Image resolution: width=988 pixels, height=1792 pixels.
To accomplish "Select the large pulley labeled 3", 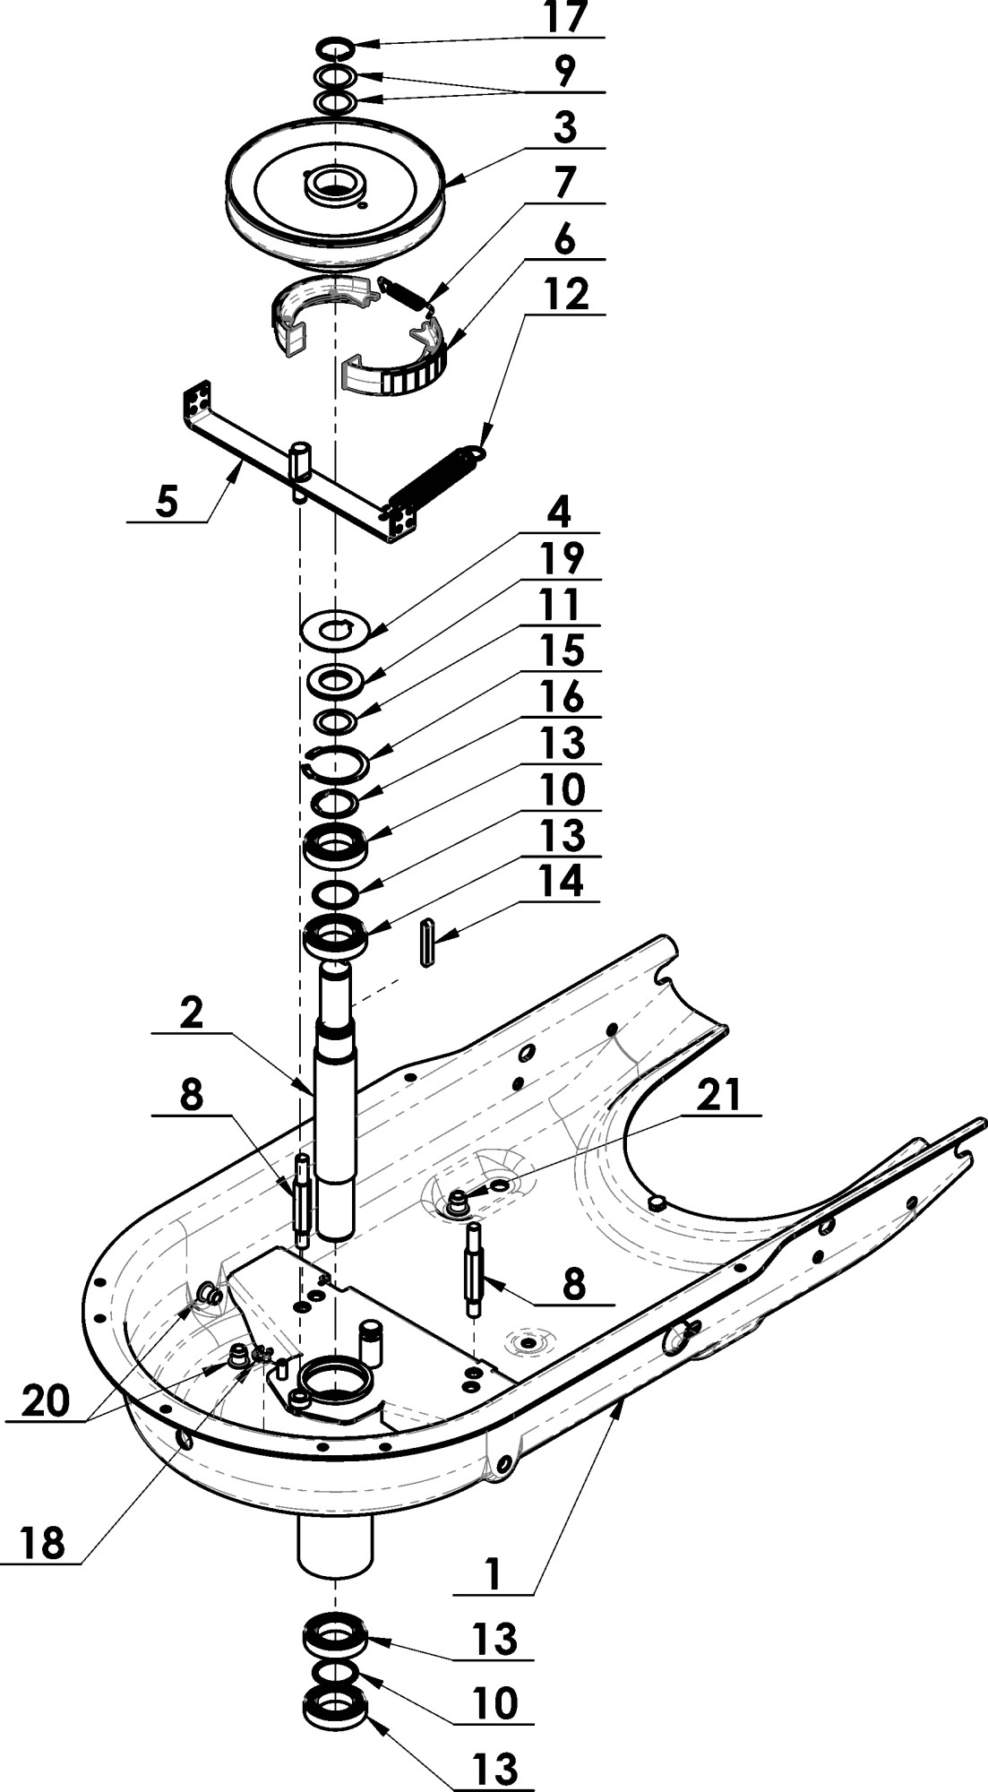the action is point(336,193).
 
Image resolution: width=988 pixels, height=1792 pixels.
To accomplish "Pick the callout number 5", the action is point(168,501).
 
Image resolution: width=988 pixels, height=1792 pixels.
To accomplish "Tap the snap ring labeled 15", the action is point(338,756).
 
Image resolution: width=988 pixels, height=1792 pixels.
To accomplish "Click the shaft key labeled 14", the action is point(426,942).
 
